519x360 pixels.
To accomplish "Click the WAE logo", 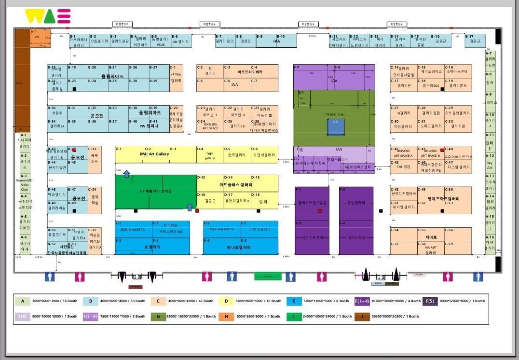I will click(x=48, y=16).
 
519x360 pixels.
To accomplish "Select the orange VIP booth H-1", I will click(x=37, y=38).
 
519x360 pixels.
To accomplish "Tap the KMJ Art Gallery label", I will click(x=154, y=154).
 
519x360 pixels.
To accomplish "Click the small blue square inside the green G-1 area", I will click(x=336, y=127).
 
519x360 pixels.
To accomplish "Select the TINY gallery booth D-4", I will click(x=209, y=154).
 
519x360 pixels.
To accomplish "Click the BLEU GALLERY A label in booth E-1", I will click(x=133, y=229).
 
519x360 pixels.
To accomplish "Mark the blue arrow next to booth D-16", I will click(x=190, y=208).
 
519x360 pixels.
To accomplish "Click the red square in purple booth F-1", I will click(x=319, y=211).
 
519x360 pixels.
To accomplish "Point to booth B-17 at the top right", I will click(x=475, y=41).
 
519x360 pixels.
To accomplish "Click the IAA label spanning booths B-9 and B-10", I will click(x=276, y=42).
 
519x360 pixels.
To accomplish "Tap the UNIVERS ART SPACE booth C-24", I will click(x=210, y=125).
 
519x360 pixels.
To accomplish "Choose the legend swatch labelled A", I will click(x=22, y=301).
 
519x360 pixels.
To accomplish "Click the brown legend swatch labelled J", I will click(x=361, y=317).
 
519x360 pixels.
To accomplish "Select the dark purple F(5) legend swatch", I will click(x=429, y=301).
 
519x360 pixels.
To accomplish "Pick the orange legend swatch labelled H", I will click(x=226, y=317).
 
